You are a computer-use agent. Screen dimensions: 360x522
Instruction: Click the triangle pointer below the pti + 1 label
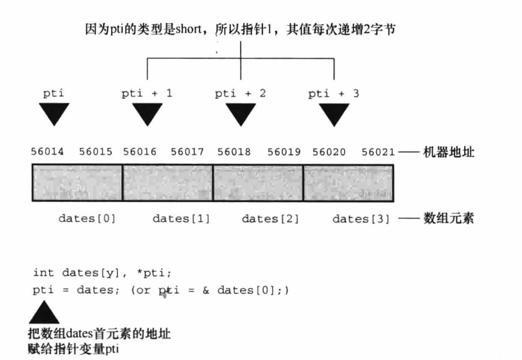tap(147, 113)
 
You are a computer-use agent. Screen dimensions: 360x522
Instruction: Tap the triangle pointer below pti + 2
tap(241, 113)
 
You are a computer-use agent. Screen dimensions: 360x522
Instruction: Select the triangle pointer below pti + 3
tap(334, 113)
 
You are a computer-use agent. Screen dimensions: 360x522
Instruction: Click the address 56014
tap(46, 152)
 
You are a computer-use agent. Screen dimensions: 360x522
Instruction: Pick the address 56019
tap(284, 152)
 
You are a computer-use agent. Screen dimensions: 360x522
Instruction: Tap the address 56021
tap(378, 152)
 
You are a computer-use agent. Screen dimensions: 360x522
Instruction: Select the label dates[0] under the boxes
tap(87, 219)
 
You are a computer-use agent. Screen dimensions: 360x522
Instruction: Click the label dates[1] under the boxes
tap(181, 219)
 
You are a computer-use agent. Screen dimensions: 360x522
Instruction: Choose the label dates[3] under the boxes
tap(361, 219)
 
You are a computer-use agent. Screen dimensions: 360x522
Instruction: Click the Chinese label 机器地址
tap(448, 153)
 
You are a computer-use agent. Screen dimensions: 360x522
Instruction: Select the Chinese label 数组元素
tap(448, 219)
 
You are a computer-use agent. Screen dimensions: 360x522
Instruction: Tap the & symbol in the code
tap(206, 290)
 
